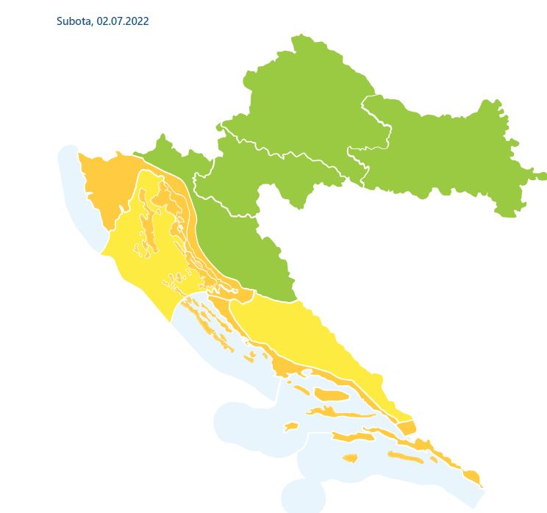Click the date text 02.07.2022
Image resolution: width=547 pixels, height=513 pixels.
click(x=122, y=21)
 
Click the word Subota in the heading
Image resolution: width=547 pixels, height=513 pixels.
click(x=74, y=21)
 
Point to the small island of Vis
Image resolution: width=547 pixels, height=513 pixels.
click(x=291, y=426)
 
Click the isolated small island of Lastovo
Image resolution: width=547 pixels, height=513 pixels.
click(x=350, y=458)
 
